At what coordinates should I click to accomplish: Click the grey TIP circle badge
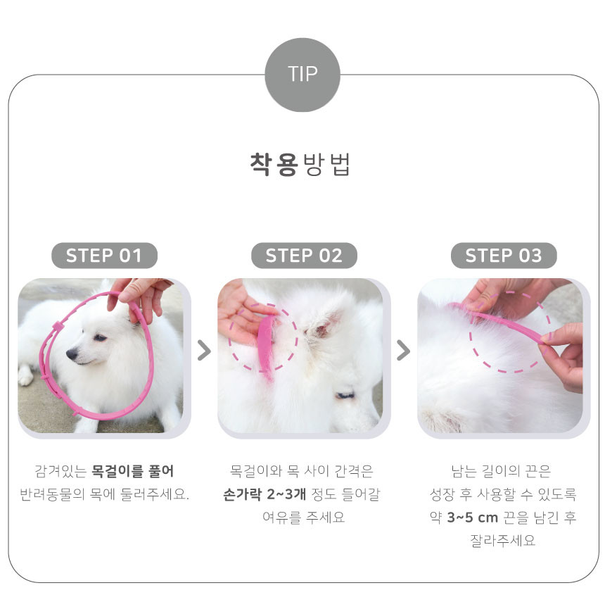click(x=302, y=75)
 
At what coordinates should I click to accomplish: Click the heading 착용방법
click(x=300, y=165)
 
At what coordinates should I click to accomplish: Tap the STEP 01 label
click(x=104, y=256)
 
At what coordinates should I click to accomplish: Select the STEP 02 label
click(x=304, y=256)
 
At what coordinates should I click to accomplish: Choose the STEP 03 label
click(x=504, y=256)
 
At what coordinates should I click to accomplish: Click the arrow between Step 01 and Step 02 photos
click(x=204, y=350)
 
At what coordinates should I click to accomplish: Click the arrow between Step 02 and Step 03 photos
click(x=404, y=350)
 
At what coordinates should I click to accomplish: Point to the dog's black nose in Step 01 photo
click(x=72, y=354)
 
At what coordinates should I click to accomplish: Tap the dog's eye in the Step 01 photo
click(x=100, y=337)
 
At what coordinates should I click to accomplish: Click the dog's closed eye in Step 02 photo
click(x=345, y=395)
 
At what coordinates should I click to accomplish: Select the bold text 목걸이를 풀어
click(x=132, y=471)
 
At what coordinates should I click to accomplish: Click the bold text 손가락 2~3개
click(x=265, y=494)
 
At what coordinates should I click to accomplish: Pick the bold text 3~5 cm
click(x=472, y=518)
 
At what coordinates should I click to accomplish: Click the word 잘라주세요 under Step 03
click(x=502, y=541)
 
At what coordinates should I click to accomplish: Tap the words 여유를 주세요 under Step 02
click(x=304, y=518)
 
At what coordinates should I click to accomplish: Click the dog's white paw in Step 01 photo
click(x=26, y=375)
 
